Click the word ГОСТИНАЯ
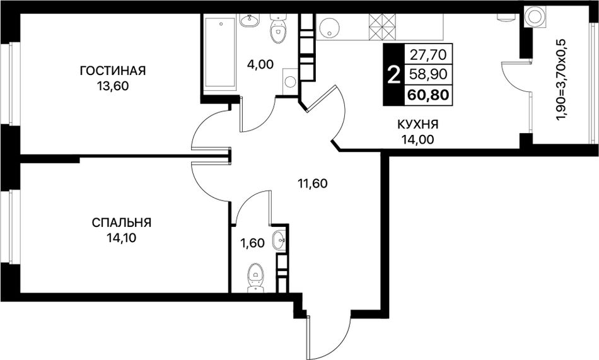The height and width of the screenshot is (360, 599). point(113,71)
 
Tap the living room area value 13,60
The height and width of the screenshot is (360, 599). point(113,86)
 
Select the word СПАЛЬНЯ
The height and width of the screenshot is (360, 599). point(122,223)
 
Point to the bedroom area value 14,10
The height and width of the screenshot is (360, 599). point(122,238)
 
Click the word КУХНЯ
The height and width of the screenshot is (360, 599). point(417,124)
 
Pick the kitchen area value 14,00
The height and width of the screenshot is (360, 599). point(417,139)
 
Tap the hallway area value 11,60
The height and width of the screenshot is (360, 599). point(313,184)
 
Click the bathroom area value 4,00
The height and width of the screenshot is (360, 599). point(260,64)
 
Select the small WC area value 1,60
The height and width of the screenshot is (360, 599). point(252,243)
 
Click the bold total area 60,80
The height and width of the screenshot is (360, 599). point(428,94)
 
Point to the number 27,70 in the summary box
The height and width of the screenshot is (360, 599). point(428,55)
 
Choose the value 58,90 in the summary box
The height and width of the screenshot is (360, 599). point(428,74)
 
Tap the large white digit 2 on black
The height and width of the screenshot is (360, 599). point(393,74)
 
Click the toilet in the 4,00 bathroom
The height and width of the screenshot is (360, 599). point(277,29)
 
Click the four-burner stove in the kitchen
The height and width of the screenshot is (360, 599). point(382,26)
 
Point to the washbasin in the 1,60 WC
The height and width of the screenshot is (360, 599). point(279,241)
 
